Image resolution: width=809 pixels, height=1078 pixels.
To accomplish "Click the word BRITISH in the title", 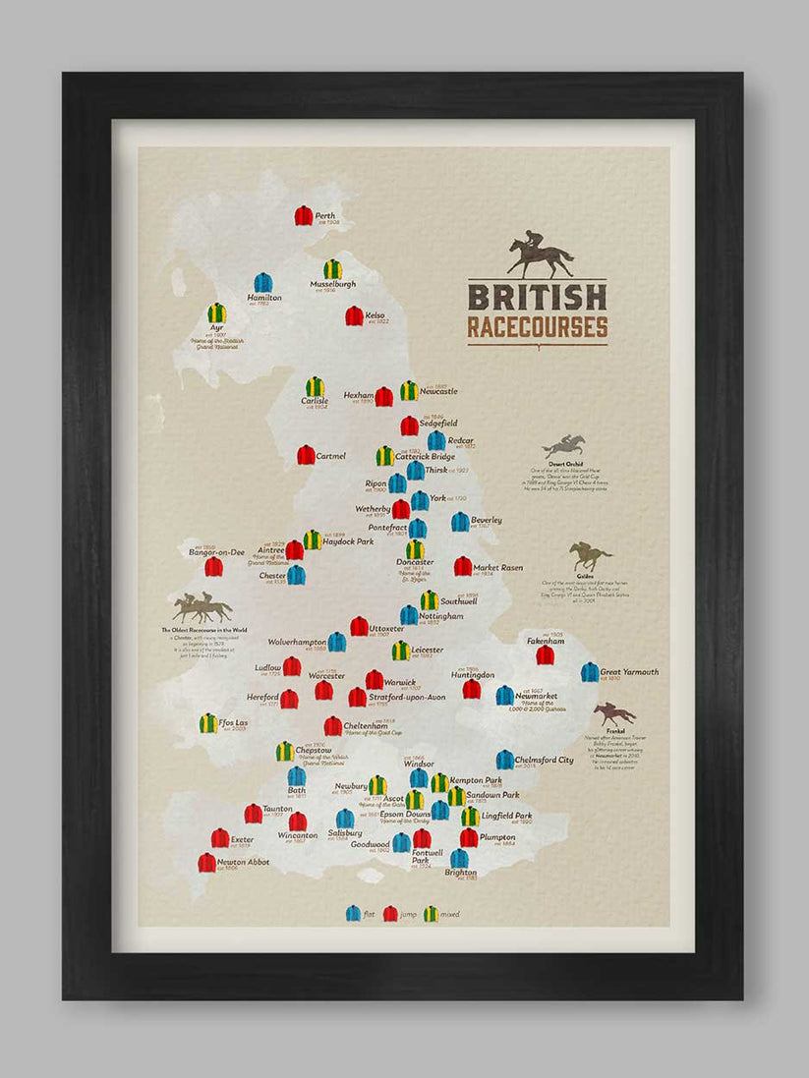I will tap(537, 297).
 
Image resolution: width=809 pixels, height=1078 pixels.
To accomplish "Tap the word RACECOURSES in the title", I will tap(537, 326).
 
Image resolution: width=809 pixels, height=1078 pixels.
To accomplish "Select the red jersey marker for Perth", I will tap(304, 215).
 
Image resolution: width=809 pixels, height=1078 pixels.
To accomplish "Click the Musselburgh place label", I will tap(332, 284).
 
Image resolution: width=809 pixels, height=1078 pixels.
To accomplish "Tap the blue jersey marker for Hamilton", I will tap(262, 283).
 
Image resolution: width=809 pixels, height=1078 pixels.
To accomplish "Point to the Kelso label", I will tap(376, 315).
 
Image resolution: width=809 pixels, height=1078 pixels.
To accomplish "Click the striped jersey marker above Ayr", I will tap(217, 312).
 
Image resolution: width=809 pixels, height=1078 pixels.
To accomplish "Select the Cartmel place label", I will tap(331, 456).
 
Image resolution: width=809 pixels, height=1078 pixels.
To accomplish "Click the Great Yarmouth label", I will tap(629, 672).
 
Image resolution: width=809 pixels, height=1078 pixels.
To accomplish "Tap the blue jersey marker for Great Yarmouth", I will tap(590, 672).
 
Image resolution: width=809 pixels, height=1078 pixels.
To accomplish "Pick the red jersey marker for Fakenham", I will tap(545, 654).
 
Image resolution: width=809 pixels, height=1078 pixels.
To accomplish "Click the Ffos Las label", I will tap(235, 722).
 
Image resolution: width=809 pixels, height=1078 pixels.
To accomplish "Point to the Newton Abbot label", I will tap(243, 862).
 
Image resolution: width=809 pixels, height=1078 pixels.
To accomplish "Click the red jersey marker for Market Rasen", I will tap(462, 566).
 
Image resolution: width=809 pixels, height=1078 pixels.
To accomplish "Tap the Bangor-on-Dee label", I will tap(216, 552).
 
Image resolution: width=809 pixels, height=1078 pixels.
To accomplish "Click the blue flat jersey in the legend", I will tap(353, 913).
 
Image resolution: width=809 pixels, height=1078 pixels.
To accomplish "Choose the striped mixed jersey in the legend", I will tap(431, 913).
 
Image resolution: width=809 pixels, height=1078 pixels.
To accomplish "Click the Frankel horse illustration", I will tap(614, 713).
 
